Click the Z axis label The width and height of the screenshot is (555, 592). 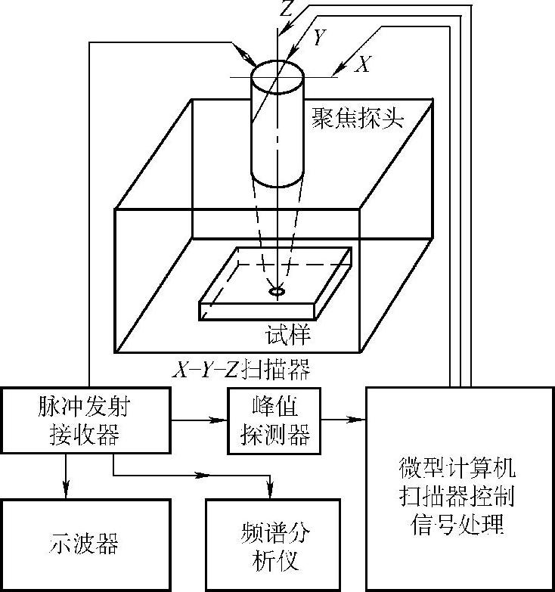pyautogui.click(x=284, y=8)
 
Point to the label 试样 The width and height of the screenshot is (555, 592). pyautogui.click(x=288, y=333)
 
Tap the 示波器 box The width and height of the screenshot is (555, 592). pyautogui.click(x=81, y=544)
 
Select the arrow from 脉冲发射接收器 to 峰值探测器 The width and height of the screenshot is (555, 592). pyautogui.click(x=199, y=417)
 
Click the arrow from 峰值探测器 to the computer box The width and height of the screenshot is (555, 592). pyautogui.click(x=343, y=417)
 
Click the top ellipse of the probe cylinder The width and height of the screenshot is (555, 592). pyautogui.click(x=277, y=75)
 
